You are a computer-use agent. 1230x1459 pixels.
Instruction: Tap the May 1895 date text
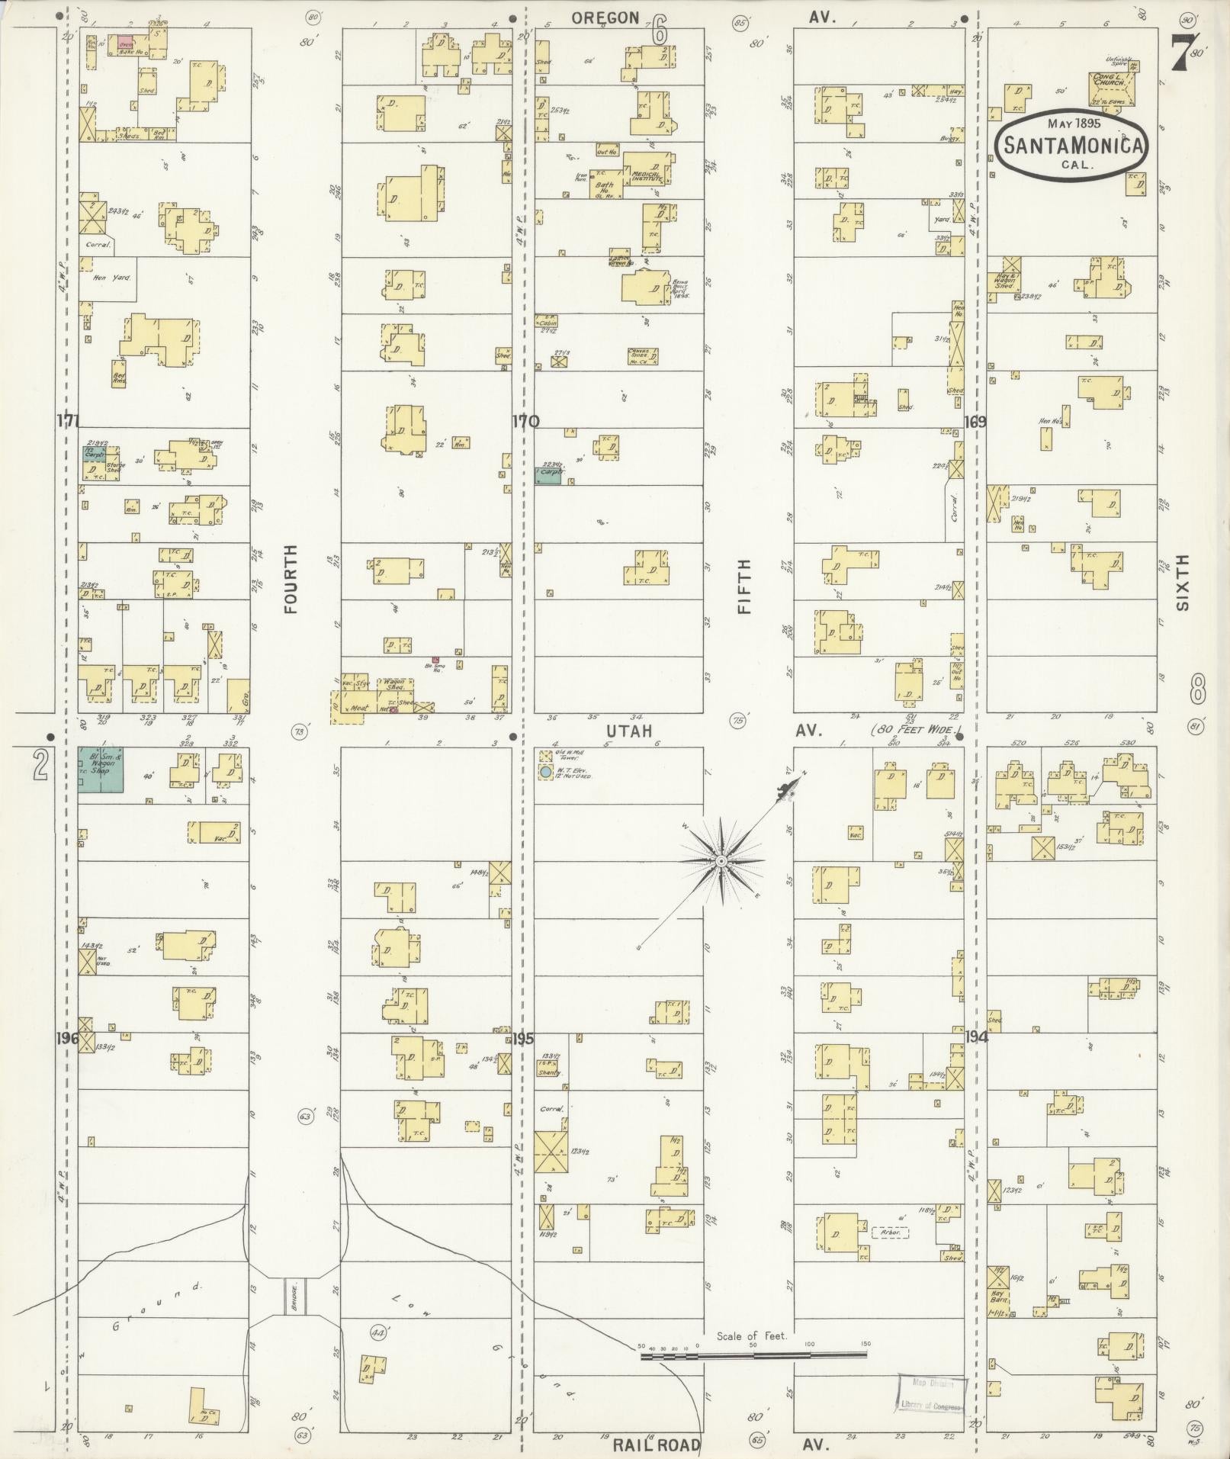(x=1073, y=123)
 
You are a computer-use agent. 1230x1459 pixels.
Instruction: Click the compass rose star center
(x=720, y=861)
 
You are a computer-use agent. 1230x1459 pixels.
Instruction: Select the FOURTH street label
(x=291, y=578)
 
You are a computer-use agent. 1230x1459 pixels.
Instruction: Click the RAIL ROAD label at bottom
(x=657, y=1445)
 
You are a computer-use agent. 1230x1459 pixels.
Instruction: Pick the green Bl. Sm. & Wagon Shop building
(x=101, y=770)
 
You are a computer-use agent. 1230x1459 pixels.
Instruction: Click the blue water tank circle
(x=545, y=773)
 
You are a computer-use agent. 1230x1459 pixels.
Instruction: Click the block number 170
(x=525, y=422)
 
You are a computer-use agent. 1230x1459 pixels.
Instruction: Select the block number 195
(x=523, y=1038)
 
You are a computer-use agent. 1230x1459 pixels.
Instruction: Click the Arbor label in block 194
(x=889, y=1232)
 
